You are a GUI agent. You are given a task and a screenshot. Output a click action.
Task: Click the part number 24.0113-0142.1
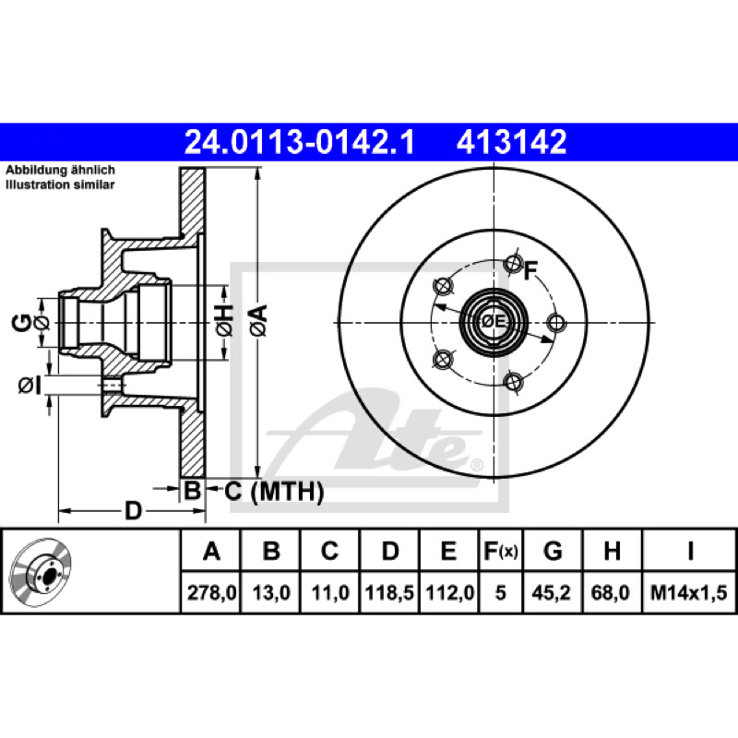click(x=299, y=142)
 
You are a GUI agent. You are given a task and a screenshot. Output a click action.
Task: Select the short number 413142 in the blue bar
click(x=511, y=142)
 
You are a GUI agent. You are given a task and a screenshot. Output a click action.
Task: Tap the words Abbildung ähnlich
click(x=60, y=170)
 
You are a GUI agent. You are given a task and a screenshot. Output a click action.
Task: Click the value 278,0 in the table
click(x=211, y=592)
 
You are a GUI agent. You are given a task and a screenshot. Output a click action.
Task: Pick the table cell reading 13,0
click(x=270, y=592)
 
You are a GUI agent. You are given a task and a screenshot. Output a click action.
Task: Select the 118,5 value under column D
click(x=389, y=592)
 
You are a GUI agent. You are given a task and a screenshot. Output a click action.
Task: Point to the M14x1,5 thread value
click(x=688, y=592)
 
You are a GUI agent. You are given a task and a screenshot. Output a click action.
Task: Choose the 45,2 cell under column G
click(x=551, y=592)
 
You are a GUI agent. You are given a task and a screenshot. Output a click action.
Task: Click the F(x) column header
click(x=501, y=551)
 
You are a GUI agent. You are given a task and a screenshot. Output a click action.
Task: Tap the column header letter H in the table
click(x=612, y=551)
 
